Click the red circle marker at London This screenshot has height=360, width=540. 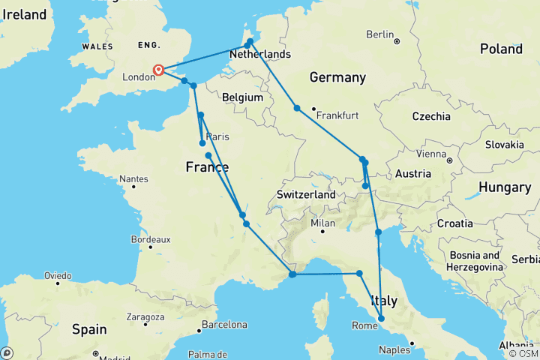[159, 70]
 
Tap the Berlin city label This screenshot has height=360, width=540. [379, 34]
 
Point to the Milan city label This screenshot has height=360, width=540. [322, 223]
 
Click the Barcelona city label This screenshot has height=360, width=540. [222, 325]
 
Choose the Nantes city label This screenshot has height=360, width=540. [133, 179]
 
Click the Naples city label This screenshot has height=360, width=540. [394, 349]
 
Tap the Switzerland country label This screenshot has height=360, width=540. [306, 194]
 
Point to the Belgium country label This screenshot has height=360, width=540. [242, 97]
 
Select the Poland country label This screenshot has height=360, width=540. [501, 49]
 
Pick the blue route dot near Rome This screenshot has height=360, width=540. [382, 319]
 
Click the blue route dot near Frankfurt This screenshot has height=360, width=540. [297, 109]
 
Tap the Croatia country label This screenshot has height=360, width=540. [454, 223]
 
